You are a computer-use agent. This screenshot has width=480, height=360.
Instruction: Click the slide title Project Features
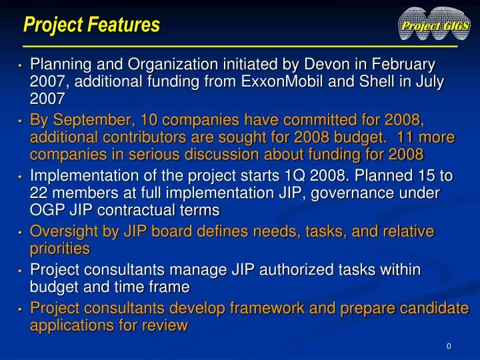91,25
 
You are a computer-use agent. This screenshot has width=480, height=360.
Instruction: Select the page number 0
449,346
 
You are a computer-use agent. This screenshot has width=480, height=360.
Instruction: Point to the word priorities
60,249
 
